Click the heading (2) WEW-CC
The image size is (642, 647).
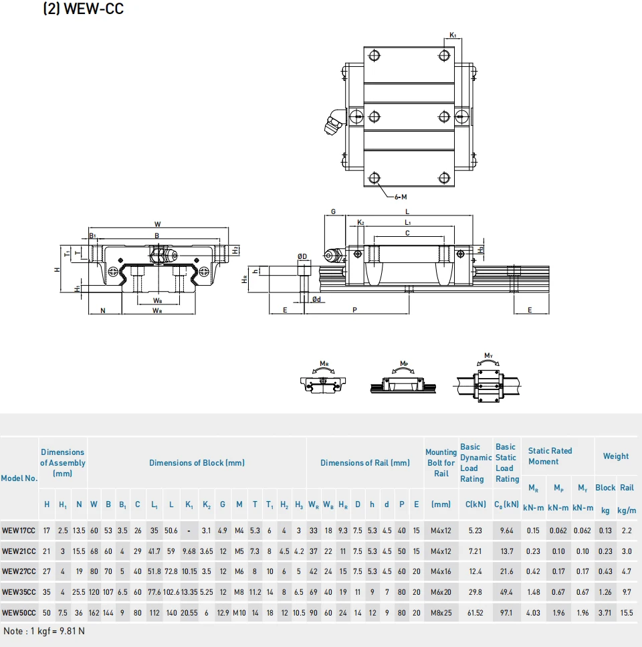[x=84, y=9]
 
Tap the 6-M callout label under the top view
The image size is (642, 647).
[x=401, y=197]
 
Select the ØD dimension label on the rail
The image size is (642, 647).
[x=302, y=256]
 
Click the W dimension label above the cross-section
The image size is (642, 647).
[x=158, y=224]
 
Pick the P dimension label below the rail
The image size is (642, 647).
[x=354, y=310]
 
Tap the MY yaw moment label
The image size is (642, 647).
[x=489, y=356]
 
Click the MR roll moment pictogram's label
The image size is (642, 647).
[x=324, y=364]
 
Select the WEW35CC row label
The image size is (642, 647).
[x=19, y=592]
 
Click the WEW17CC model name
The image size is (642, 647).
[x=19, y=531]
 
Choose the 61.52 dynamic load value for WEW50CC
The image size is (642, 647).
[x=475, y=613]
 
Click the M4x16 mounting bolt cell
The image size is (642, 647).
[x=441, y=571]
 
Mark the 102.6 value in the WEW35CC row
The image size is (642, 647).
[x=171, y=592]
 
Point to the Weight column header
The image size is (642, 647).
[x=616, y=456]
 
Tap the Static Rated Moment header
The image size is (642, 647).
[x=550, y=456]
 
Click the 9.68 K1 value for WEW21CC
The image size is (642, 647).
[x=189, y=551]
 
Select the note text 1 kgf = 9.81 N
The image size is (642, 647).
[x=58, y=631]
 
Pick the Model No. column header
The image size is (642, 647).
[x=19, y=478]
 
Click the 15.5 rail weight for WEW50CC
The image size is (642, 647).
[x=627, y=613]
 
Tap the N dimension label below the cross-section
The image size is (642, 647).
[x=103, y=310]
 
